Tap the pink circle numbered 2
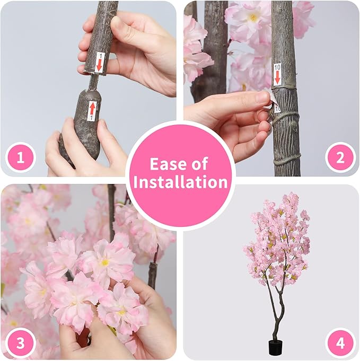(339, 157)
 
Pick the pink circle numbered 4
(339, 343)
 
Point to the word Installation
(180, 182)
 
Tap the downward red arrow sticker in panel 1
(99, 63)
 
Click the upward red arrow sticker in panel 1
(92, 110)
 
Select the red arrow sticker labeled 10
(277, 75)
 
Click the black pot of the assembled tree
(275, 347)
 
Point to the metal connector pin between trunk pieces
(93, 82)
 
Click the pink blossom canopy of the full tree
(278, 239)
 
